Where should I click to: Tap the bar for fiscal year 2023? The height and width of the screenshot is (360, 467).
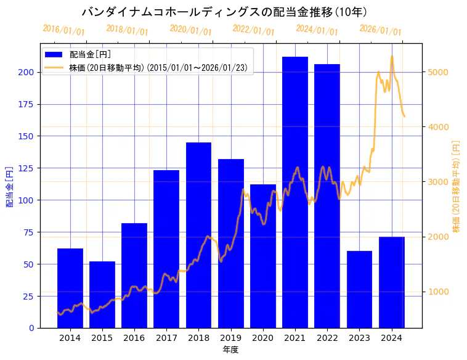click(x=360, y=289)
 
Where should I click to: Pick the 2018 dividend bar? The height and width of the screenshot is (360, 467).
click(x=198, y=235)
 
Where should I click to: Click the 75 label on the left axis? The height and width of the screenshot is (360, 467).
click(x=28, y=232)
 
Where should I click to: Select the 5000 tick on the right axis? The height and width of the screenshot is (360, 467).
click(x=439, y=72)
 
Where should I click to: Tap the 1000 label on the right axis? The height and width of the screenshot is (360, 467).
click(x=439, y=292)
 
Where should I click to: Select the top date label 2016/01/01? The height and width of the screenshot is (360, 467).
click(x=63, y=30)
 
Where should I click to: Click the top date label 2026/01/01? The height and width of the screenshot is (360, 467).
click(x=380, y=30)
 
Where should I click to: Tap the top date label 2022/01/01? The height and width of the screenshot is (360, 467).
click(x=253, y=30)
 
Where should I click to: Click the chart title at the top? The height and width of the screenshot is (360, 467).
click(x=224, y=12)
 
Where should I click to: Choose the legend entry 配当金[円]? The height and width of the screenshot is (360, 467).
click(x=89, y=55)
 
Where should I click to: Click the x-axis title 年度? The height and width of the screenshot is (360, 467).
click(x=230, y=350)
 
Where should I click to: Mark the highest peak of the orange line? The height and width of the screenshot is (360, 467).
click(x=392, y=56)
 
